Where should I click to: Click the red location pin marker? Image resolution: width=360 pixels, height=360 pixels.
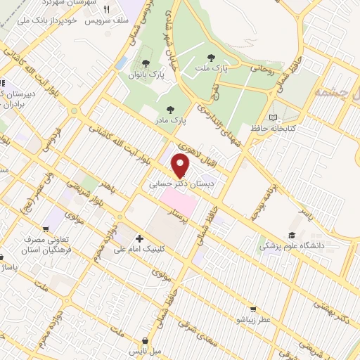point(181,165)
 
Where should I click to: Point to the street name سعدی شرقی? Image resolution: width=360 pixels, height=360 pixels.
point(190,326)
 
